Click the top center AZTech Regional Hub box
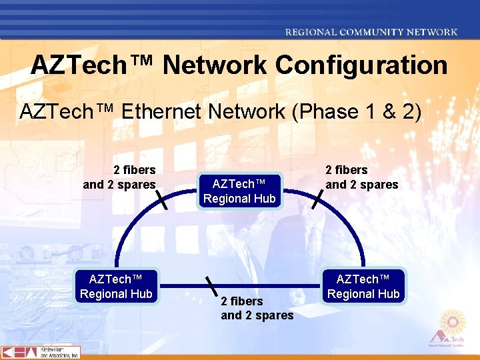239,191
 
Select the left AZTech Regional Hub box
116,286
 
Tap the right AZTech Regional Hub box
363,286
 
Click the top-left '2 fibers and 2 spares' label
119,177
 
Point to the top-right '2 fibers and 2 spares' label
361,177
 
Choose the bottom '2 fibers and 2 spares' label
257,308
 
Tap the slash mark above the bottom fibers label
212,286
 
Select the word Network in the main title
214,65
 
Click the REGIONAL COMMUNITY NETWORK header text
371,31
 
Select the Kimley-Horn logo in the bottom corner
40,353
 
